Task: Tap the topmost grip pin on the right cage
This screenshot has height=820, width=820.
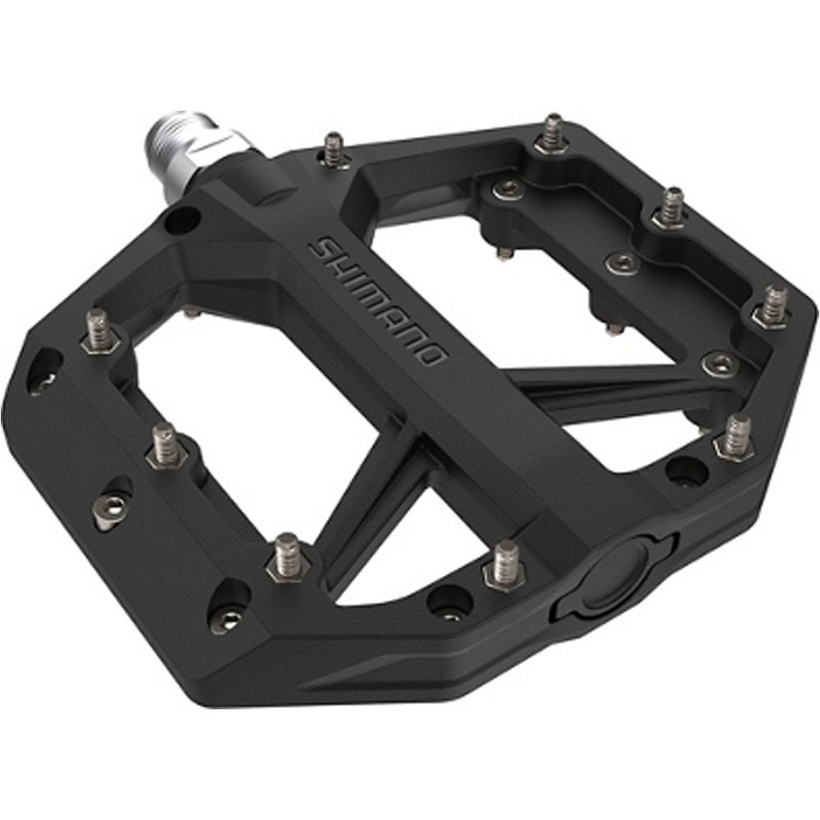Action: coord(553,134)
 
